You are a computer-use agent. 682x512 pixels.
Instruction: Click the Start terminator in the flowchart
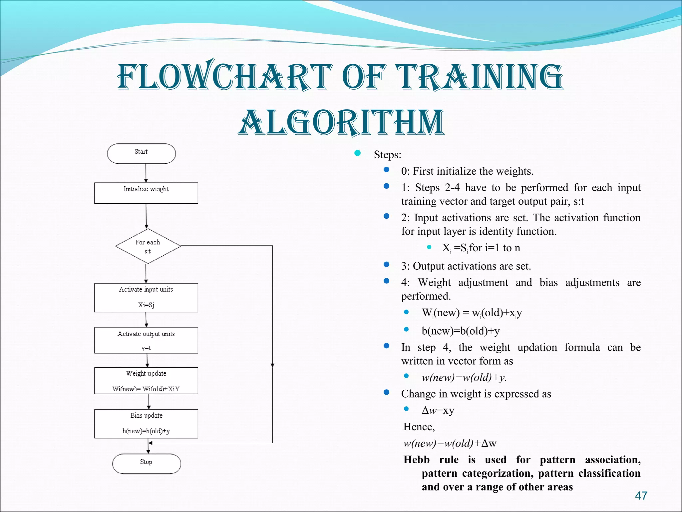(141, 153)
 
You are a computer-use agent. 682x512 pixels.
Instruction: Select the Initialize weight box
(146, 193)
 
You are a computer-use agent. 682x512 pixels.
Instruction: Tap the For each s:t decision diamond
(148, 246)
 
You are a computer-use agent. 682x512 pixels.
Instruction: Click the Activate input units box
(146, 297)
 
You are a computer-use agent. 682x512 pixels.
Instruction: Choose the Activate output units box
(146, 340)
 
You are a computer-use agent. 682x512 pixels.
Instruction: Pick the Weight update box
(146, 380)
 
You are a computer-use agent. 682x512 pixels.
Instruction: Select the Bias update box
(146, 423)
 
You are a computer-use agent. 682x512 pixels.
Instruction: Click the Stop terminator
(147, 463)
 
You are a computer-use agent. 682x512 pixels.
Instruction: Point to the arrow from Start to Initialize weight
(146, 173)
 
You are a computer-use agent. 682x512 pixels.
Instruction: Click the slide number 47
(641, 496)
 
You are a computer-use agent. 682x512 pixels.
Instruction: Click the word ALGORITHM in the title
(341, 123)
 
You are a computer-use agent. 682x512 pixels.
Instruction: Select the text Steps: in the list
(387, 155)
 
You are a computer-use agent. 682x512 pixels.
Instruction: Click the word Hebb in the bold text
(416, 460)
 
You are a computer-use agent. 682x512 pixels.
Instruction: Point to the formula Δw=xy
(438, 410)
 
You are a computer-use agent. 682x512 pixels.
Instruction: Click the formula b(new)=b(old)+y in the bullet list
(461, 331)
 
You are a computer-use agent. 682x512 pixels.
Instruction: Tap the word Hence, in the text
(419, 427)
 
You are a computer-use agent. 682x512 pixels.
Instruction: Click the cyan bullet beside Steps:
(358, 153)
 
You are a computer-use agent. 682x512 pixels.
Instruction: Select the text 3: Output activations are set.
(466, 266)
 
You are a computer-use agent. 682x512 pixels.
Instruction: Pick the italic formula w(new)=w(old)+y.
(464, 377)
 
